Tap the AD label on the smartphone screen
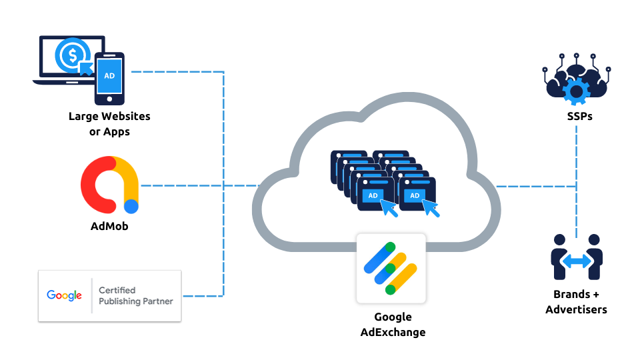[109, 75]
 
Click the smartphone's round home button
[109, 99]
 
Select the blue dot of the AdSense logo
[131, 207]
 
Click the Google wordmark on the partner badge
[65, 295]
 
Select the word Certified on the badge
[117, 290]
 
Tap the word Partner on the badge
[157, 301]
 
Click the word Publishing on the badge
[120, 301]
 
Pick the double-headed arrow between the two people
[577, 261]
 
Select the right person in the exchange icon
[595, 257]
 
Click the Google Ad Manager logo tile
[391, 268]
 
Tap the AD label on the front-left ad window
[373, 195]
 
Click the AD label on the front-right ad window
[414, 195]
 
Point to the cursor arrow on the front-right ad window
[432, 209]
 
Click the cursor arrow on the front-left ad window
[389, 209]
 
